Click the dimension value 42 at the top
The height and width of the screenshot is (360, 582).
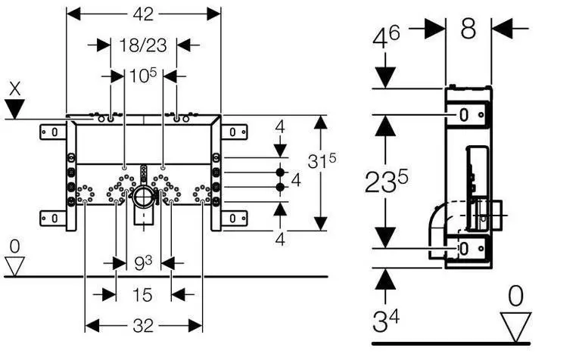click(x=144, y=14)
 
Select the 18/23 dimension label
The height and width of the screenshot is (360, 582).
click(x=143, y=45)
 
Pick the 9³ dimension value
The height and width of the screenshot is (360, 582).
click(x=144, y=263)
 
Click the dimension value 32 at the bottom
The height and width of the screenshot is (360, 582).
click(x=143, y=326)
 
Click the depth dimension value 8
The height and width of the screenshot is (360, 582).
click(x=468, y=29)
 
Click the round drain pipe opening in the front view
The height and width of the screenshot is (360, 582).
click(x=144, y=198)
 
